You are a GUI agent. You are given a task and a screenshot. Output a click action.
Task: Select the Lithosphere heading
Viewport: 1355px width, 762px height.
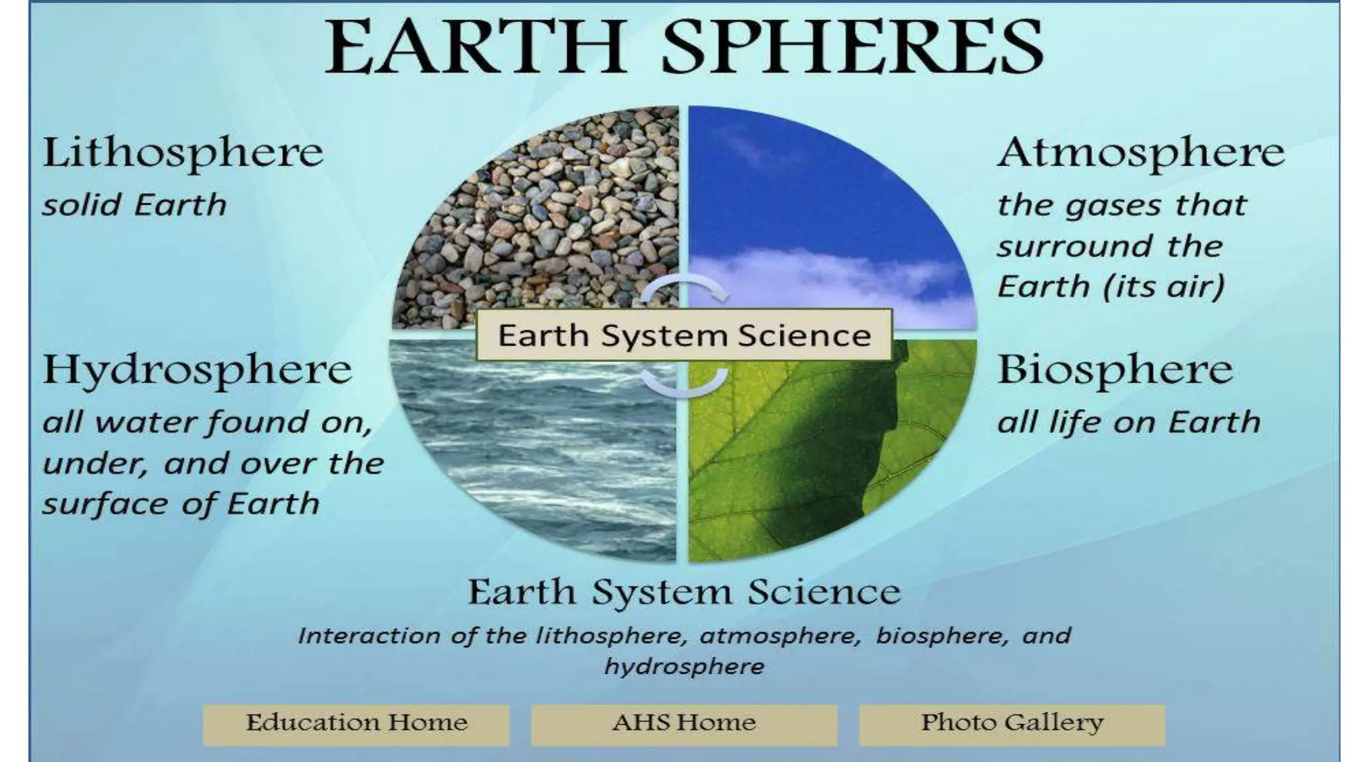point(183,153)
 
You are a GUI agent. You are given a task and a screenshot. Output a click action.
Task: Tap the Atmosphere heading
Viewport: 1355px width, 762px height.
point(1141,153)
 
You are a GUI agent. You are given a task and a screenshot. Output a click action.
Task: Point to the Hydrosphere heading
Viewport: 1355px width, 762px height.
point(197,370)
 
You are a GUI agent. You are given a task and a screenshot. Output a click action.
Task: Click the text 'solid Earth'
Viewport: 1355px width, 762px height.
point(134,205)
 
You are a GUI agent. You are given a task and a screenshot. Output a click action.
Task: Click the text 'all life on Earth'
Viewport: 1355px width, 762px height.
point(1128,423)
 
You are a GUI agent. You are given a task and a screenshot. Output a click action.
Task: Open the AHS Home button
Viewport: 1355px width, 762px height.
point(683,724)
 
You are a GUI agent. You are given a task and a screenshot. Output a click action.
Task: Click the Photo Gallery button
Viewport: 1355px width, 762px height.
point(1012,724)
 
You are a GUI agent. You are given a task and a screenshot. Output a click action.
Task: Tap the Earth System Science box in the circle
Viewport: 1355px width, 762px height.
point(683,335)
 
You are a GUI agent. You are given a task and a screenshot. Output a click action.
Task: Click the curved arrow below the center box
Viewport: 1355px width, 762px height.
point(685,384)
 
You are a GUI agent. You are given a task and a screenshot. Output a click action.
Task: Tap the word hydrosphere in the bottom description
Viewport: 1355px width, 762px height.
point(683,667)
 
